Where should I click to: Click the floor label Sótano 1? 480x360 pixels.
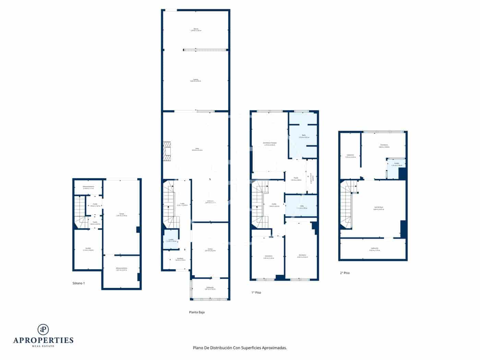[x=79, y=283]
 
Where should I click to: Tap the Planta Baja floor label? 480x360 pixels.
[x=197, y=312]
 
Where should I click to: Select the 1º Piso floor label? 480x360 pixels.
[x=256, y=292]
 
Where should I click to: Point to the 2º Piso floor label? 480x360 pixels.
[x=345, y=273]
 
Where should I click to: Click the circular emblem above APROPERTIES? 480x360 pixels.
[x=43, y=329]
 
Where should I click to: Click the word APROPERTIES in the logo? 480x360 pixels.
[x=43, y=340]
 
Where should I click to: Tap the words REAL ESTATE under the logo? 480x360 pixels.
[x=43, y=346]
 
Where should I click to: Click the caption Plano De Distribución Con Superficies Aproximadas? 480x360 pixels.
[x=240, y=348]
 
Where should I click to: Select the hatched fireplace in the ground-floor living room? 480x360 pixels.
[x=167, y=151]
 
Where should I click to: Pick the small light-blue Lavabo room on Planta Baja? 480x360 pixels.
[x=170, y=239]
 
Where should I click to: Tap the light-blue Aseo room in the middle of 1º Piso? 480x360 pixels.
[x=301, y=206]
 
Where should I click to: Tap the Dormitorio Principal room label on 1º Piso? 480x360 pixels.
[x=269, y=143]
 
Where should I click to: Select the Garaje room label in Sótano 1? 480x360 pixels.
[x=121, y=214]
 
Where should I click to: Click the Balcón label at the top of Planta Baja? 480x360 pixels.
[x=196, y=29]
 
